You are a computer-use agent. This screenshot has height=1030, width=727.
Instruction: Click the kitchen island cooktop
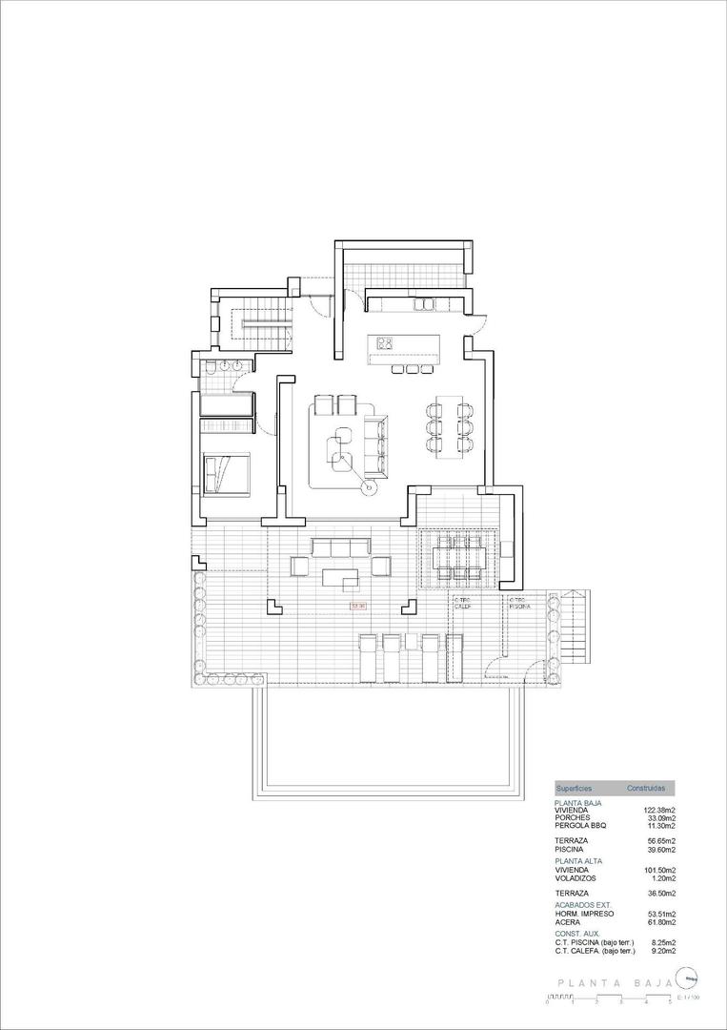(385, 342)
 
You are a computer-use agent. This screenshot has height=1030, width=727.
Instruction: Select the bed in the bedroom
(226, 474)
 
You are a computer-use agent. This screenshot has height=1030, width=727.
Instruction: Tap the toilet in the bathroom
(209, 366)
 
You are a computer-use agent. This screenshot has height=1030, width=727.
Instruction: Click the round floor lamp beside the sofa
(368, 488)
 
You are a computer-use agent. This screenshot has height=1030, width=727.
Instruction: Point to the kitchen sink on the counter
(423, 304)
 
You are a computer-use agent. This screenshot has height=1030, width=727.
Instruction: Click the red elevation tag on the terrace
(358, 605)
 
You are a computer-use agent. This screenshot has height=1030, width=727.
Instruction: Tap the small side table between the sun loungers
(410, 640)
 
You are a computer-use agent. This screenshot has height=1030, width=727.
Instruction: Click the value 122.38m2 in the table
(659, 810)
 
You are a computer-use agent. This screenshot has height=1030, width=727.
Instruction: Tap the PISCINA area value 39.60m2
(659, 849)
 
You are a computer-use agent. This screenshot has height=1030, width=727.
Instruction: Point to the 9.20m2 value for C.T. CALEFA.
(661, 950)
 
